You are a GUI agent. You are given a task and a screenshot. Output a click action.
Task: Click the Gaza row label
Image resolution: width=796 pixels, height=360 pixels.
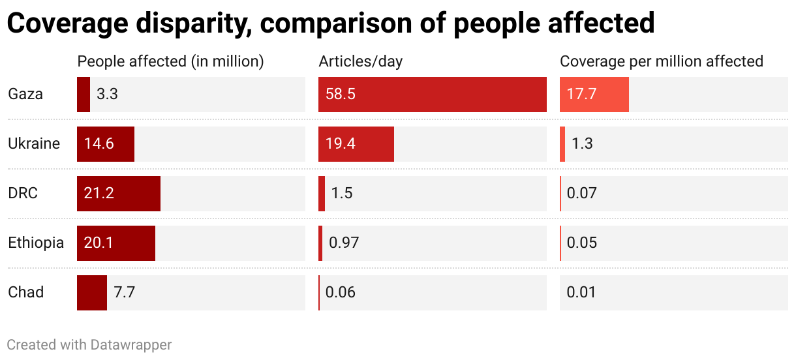click(x=25, y=94)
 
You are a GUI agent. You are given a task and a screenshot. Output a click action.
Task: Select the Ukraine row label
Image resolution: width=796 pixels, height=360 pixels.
click(x=34, y=143)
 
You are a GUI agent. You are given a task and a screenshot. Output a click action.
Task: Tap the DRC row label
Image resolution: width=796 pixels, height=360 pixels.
click(x=23, y=193)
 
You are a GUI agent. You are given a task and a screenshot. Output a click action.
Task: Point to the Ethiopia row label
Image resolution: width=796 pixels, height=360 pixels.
click(x=36, y=243)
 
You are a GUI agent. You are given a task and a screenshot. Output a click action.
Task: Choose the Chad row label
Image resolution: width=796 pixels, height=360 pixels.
click(x=26, y=292)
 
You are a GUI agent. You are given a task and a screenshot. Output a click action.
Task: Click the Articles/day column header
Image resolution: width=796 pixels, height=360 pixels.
click(x=361, y=61)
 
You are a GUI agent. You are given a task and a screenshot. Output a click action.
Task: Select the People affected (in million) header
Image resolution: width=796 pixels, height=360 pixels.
click(x=170, y=61)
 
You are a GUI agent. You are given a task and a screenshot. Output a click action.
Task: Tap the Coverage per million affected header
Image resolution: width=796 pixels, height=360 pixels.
click(x=662, y=61)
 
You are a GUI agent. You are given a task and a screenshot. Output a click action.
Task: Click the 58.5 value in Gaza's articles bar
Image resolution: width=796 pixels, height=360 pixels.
click(x=340, y=94)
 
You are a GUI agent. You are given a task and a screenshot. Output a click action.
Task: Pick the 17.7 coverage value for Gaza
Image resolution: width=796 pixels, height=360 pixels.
click(x=581, y=94)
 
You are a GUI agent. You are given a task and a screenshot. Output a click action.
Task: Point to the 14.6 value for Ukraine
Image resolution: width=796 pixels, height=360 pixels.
click(x=99, y=143)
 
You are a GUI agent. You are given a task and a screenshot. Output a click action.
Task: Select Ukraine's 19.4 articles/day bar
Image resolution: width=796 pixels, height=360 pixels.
click(x=356, y=143)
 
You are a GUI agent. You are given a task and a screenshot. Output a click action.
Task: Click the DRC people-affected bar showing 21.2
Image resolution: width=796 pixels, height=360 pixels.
click(x=119, y=193)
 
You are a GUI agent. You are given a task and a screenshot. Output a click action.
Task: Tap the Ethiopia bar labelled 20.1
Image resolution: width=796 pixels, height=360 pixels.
click(x=116, y=243)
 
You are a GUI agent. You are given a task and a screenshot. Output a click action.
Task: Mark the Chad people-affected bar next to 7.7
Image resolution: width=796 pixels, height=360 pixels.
click(x=92, y=292)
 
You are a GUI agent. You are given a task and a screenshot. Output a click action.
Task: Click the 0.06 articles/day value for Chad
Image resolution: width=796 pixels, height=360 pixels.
click(x=340, y=292)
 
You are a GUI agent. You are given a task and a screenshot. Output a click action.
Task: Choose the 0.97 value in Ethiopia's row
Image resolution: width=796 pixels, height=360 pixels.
click(x=344, y=243)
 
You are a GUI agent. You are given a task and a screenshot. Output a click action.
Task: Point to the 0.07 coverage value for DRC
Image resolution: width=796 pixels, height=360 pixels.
click(x=581, y=193)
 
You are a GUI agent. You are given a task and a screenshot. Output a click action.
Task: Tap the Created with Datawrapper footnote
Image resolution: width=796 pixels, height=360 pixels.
click(x=89, y=344)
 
